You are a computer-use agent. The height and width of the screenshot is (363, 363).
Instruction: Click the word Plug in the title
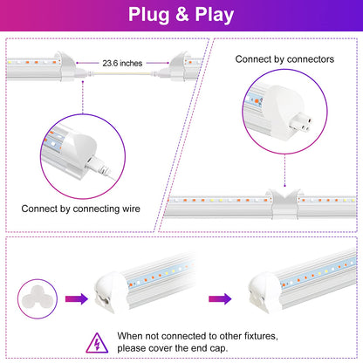tap(148, 15)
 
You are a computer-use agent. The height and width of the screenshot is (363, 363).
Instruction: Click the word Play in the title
tap(215, 15)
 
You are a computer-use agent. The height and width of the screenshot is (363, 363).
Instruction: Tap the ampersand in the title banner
tap(182, 15)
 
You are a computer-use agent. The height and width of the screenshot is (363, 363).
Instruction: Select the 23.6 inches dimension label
tap(122, 63)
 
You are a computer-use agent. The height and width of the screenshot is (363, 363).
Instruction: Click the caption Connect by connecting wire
tap(80, 209)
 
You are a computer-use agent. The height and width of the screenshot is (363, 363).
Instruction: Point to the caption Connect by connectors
tap(284, 59)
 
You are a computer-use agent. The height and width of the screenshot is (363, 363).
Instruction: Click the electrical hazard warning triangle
tap(97, 343)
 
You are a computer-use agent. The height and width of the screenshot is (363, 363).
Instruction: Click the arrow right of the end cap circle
tap(77, 298)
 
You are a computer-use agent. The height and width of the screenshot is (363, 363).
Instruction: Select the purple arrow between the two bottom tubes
tap(220, 298)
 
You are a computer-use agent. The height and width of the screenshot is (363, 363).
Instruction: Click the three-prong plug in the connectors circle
tap(300, 123)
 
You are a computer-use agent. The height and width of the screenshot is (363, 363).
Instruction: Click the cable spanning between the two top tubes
tap(122, 73)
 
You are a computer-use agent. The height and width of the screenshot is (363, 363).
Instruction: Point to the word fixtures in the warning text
tap(261, 336)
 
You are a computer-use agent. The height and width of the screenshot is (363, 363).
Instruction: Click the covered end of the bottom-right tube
tap(263, 293)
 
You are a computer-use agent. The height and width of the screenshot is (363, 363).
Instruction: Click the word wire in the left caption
tap(130, 209)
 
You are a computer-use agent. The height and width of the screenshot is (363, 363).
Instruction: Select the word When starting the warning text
tap(130, 336)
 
